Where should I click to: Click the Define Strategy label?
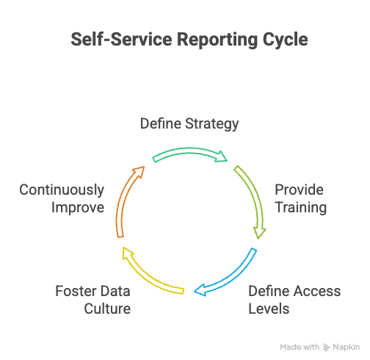coord(189,124)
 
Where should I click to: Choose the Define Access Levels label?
coord(294,299)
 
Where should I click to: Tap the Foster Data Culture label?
coord(93,299)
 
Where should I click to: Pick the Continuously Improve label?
coord(62,198)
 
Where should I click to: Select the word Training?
coord(300,207)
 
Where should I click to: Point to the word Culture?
coord(106,308)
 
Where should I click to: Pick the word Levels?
coord(269,308)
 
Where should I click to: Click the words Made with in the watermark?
coord(300,347)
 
